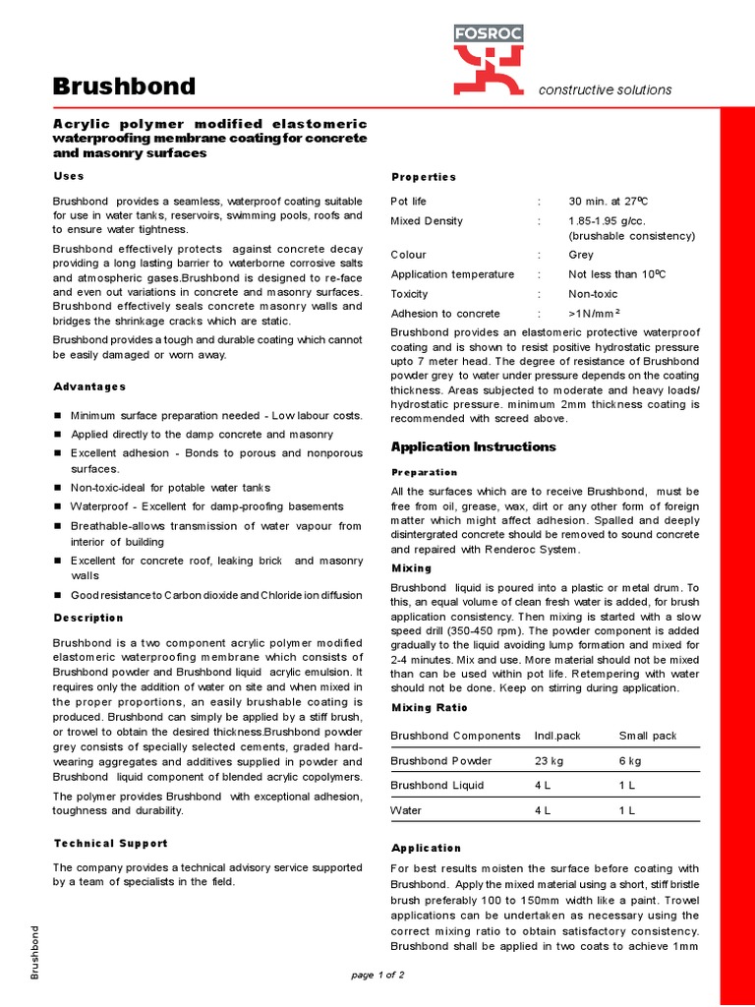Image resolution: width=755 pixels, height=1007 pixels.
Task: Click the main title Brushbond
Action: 124,88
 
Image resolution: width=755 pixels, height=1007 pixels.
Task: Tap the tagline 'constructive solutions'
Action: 605,89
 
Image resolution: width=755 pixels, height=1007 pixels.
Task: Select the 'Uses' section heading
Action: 69,175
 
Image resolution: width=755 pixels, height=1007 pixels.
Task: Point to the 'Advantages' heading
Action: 89,386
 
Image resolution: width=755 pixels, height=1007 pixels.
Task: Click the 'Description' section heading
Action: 88,618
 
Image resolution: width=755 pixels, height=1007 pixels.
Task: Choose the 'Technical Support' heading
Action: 110,843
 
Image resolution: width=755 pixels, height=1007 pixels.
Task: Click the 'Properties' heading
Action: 424,177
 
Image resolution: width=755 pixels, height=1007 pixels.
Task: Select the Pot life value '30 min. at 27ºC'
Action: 608,202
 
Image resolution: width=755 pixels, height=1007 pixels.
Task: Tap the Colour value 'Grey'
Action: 582,255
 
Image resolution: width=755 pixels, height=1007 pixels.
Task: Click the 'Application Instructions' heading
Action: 473,446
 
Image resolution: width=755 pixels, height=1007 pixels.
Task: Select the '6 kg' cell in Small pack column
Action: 630,761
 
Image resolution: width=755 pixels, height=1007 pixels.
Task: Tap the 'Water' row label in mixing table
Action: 407,810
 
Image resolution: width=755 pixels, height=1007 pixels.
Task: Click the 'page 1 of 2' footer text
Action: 377,975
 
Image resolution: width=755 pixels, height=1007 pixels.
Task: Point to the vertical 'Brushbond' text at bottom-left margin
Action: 35,952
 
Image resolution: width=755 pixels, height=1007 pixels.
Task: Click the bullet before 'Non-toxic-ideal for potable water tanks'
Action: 58,488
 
